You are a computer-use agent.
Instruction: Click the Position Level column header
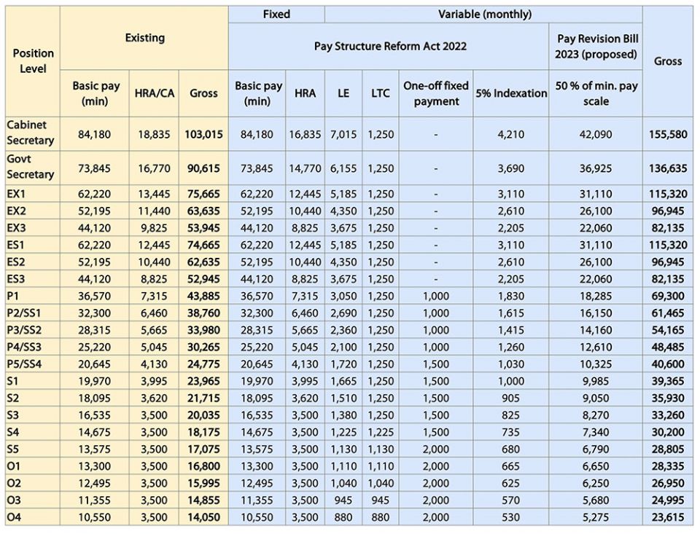point(33,61)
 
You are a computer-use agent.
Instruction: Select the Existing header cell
point(144,37)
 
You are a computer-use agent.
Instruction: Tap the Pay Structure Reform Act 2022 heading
point(390,46)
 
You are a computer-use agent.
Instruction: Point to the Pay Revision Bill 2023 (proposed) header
point(596,46)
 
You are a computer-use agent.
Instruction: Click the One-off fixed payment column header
point(436,93)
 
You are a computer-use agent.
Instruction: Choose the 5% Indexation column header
point(510,93)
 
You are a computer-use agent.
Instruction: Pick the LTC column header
point(381,93)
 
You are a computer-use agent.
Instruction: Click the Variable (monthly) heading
point(485,14)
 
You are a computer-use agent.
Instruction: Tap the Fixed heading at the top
point(276,14)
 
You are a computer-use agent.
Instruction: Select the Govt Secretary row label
point(31,167)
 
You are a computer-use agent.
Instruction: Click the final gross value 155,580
point(667,135)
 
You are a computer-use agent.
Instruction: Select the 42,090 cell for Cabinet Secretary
point(596,135)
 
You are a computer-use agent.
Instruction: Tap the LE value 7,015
point(343,135)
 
